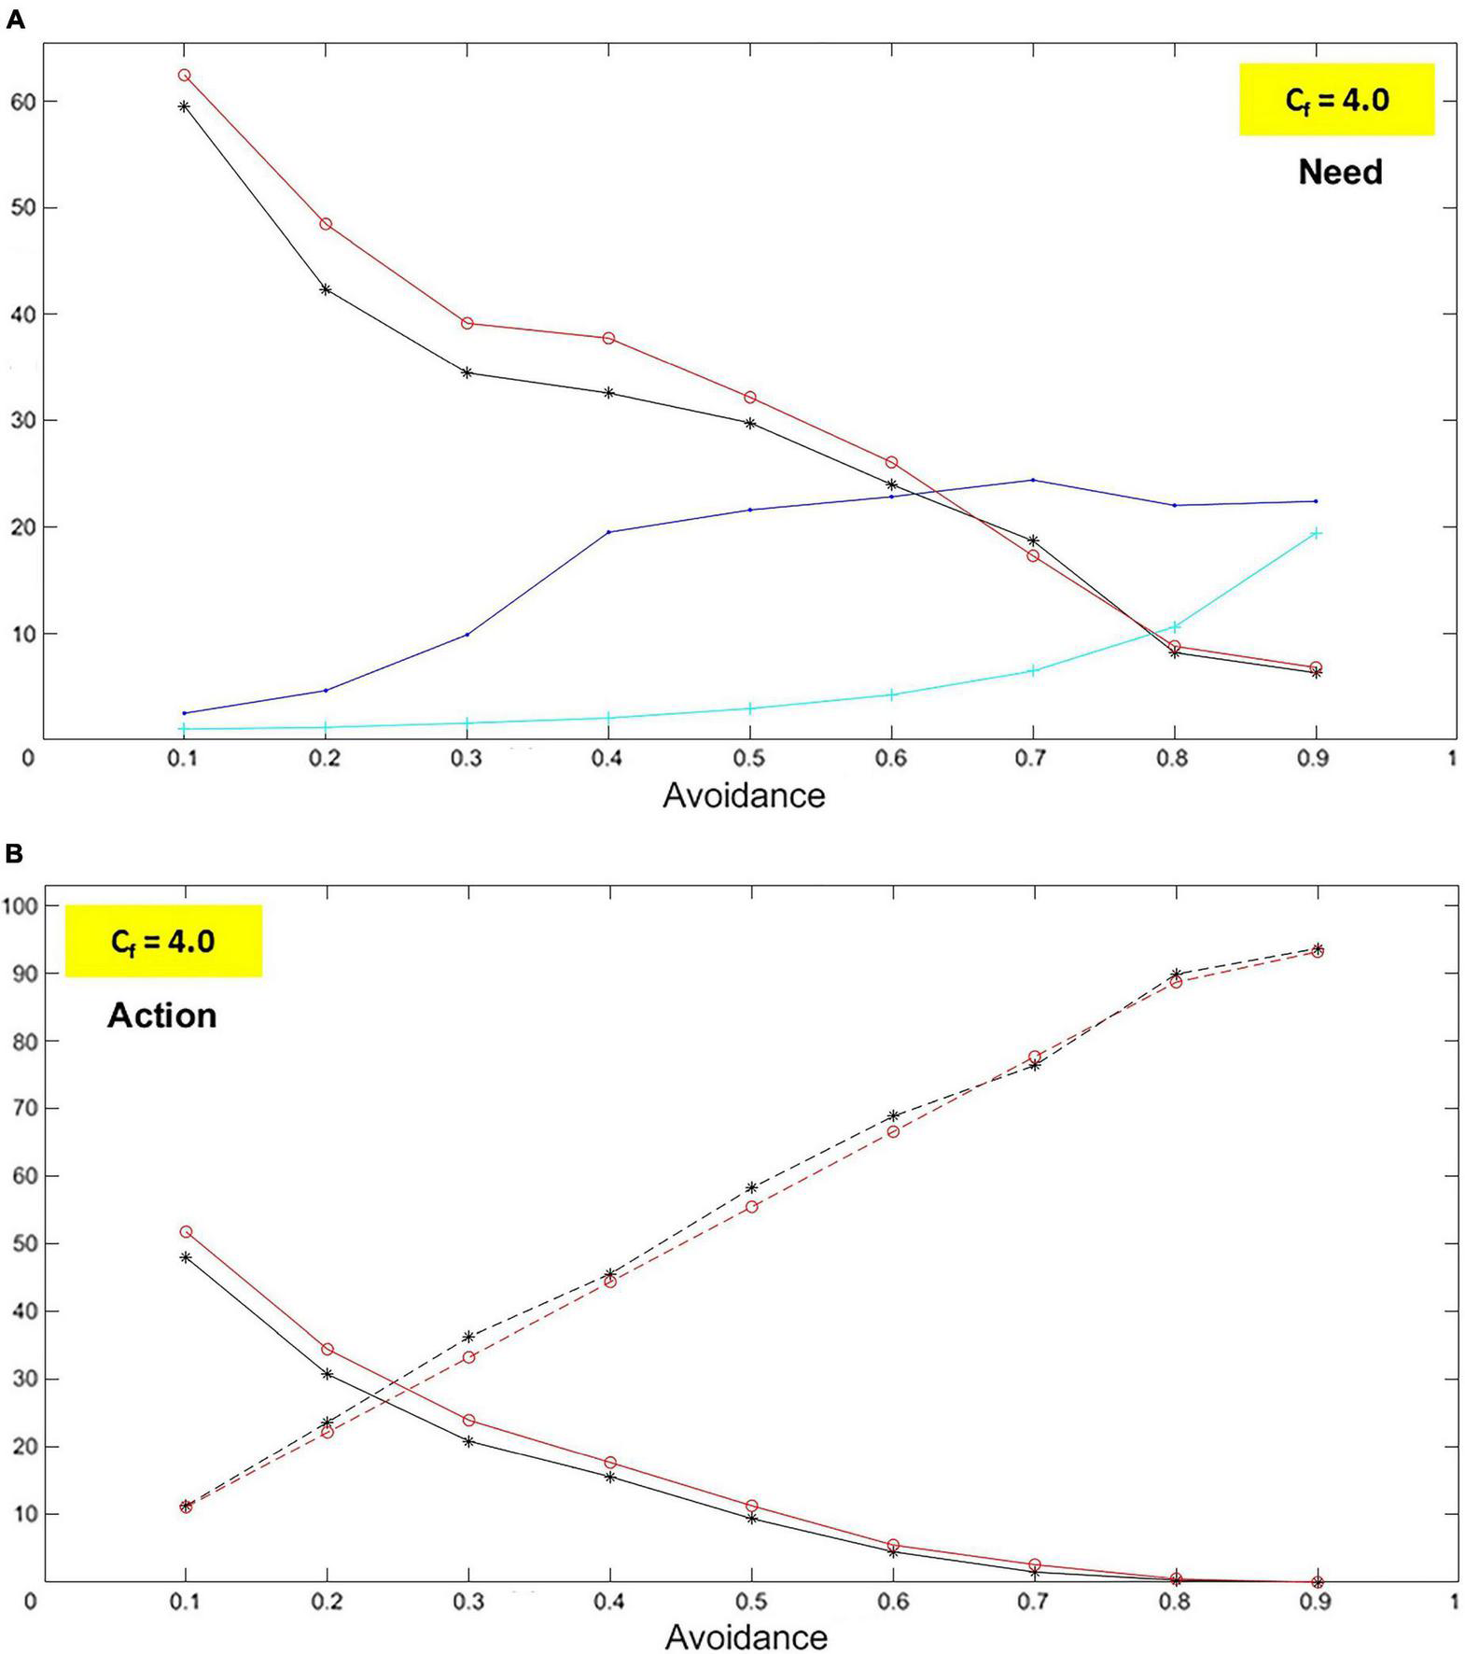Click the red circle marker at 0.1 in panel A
point(184,75)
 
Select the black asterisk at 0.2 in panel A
point(326,289)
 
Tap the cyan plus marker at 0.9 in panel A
point(1317,533)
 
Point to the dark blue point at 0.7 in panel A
point(1032,480)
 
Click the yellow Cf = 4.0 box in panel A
point(1336,100)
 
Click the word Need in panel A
point(1340,172)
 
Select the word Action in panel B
point(161,1016)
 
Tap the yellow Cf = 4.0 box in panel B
point(163,941)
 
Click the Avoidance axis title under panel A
point(744,795)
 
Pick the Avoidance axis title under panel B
point(746,1636)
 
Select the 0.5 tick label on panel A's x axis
point(749,758)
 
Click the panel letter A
point(14,20)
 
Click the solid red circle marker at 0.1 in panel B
point(185,1232)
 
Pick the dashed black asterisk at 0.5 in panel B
point(751,1187)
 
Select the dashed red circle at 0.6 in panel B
point(893,1131)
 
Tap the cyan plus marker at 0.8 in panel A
point(1175,626)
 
